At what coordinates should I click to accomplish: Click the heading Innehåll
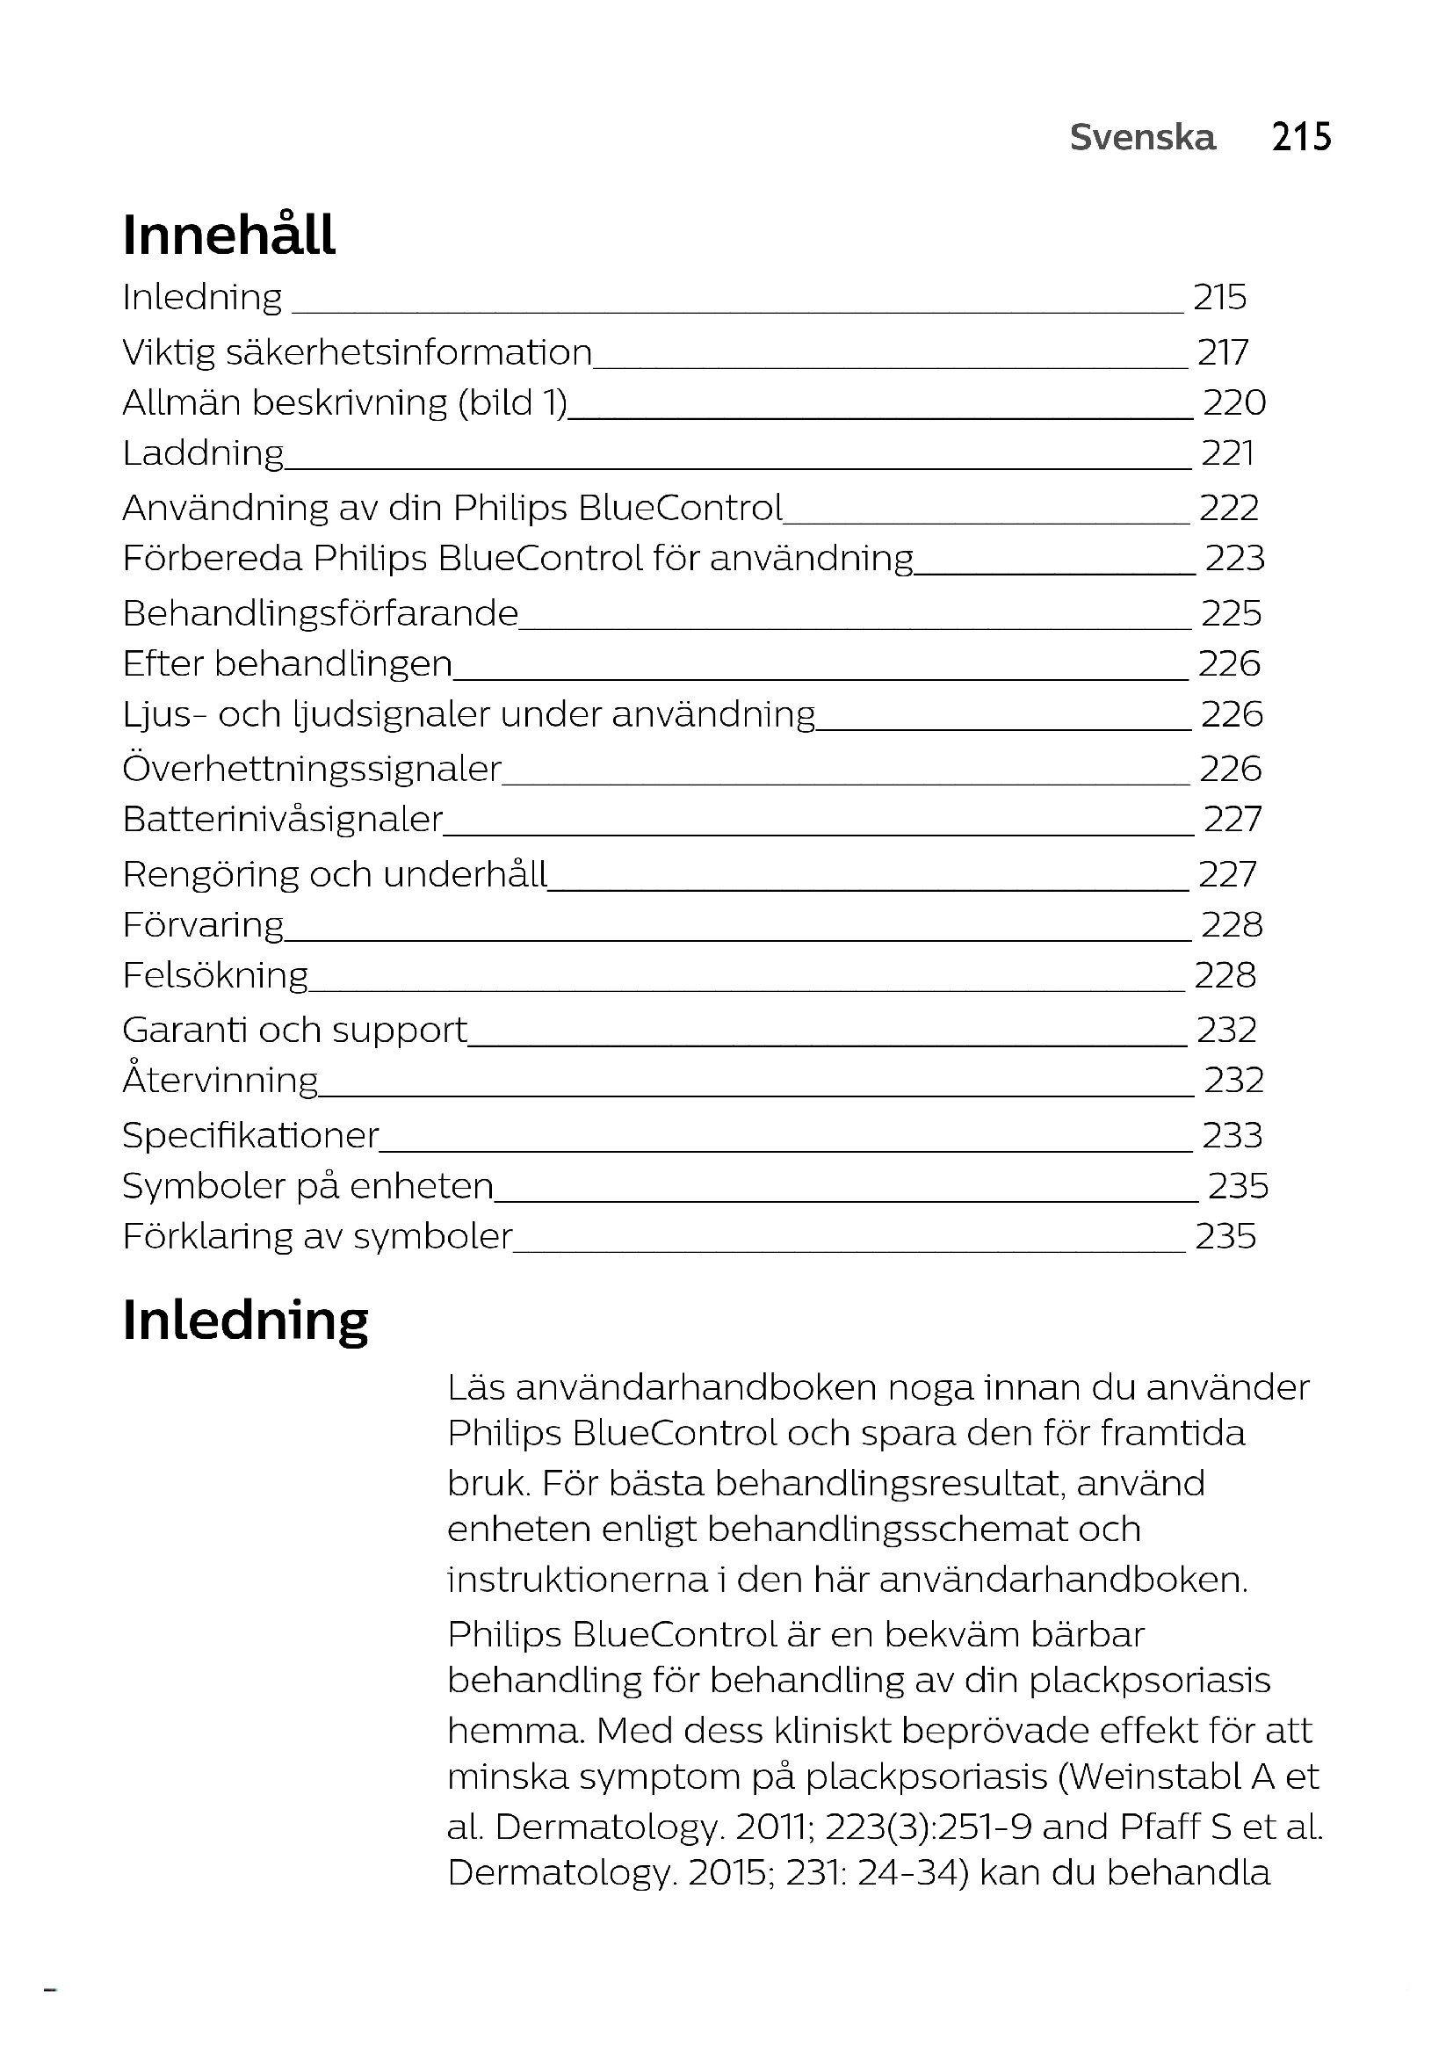(x=229, y=235)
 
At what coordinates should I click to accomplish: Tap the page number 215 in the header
(x=1301, y=138)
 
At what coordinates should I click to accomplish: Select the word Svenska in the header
(x=1143, y=138)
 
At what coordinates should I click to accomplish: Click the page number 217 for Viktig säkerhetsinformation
(x=1222, y=352)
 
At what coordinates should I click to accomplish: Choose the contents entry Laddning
(x=203, y=453)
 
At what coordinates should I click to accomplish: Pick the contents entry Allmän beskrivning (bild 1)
(x=345, y=402)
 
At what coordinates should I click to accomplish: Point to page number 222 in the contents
(x=1228, y=509)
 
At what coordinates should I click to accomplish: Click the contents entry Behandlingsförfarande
(x=321, y=614)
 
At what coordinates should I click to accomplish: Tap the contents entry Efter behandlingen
(x=287, y=664)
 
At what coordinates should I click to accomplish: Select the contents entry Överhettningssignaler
(x=311, y=770)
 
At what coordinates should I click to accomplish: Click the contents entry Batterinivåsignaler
(x=283, y=820)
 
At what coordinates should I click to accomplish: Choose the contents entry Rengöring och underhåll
(x=335, y=874)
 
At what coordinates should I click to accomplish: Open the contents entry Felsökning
(x=214, y=975)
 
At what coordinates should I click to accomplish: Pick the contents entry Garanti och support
(x=294, y=1031)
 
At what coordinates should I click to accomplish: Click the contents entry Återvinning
(x=220, y=1081)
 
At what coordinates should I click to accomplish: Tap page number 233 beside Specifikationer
(x=1232, y=1136)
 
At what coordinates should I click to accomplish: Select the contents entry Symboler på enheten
(x=307, y=1186)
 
